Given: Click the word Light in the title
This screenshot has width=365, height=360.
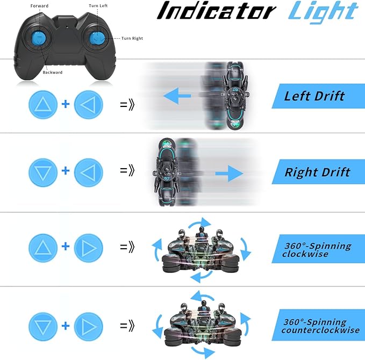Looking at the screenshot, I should [x=323, y=12].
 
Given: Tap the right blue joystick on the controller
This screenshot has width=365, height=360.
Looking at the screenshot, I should [x=99, y=38].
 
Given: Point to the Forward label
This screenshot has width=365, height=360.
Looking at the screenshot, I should [x=39, y=6].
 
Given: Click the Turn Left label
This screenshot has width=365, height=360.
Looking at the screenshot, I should [x=98, y=6].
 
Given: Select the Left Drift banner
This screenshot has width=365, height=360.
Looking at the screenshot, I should [x=314, y=97].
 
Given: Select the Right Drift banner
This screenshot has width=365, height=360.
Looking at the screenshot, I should [x=317, y=172].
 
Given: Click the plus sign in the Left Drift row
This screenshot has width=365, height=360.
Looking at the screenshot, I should [x=65, y=104].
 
